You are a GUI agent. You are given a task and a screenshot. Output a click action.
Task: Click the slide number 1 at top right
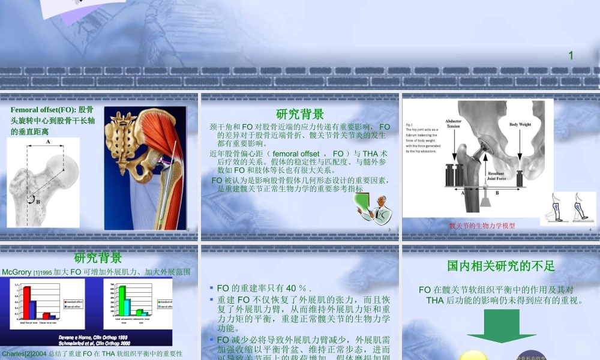[x=571, y=56]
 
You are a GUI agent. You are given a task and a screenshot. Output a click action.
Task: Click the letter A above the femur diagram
[x=48, y=142]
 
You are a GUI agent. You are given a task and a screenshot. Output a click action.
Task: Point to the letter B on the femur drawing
[x=38, y=202]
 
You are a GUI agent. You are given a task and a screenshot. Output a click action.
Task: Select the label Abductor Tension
[x=454, y=123]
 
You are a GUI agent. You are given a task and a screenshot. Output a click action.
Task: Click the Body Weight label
[x=520, y=125]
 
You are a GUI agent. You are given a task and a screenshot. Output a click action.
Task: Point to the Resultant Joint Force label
[x=496, y=175]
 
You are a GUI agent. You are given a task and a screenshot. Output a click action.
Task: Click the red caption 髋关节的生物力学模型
[x=482, y=226]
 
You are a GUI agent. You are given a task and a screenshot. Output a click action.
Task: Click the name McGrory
[x=20, y=272]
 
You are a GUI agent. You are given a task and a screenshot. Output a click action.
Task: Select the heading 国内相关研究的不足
[x=500, y=265]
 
